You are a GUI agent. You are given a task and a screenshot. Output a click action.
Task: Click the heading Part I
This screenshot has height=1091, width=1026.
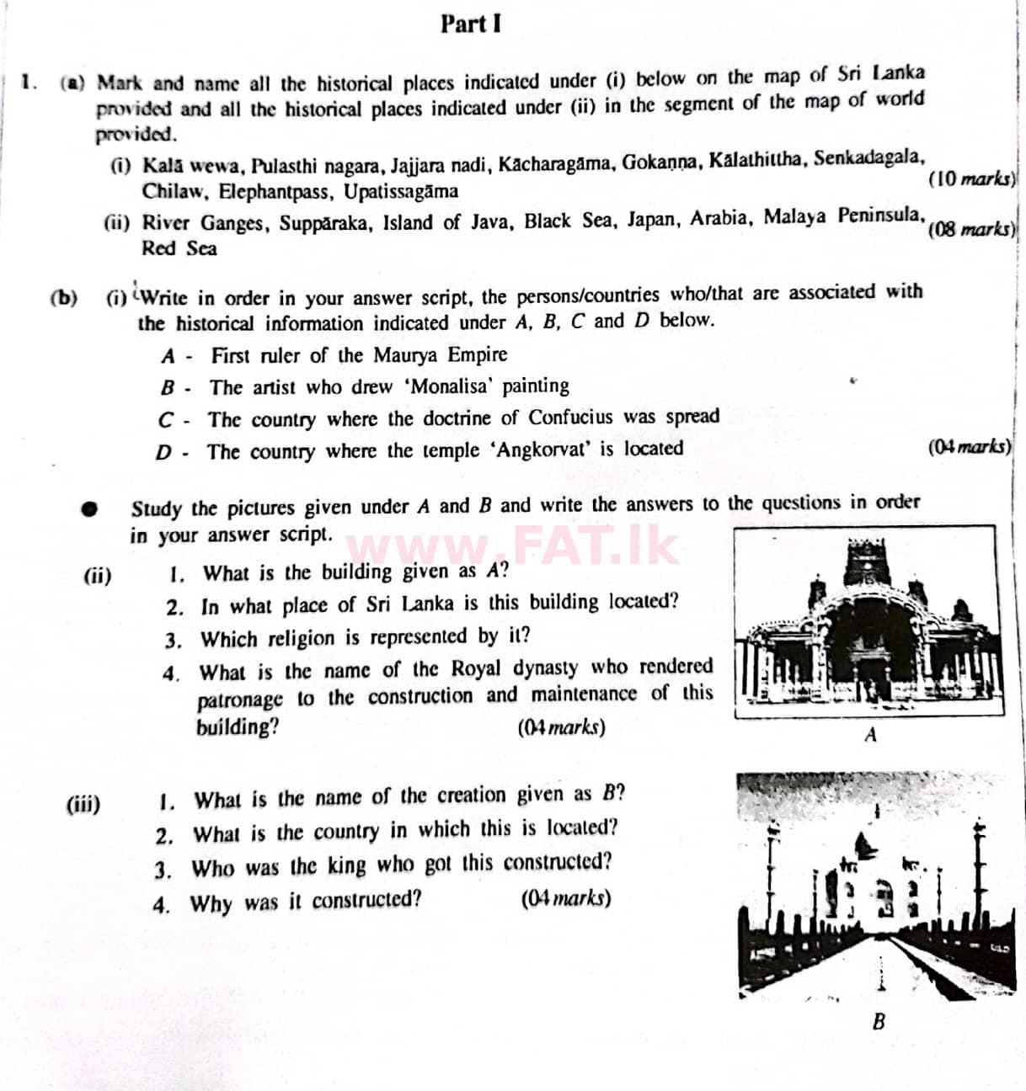pos(470,24)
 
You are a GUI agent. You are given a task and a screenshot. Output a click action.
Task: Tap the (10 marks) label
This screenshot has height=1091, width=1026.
pos(971,178)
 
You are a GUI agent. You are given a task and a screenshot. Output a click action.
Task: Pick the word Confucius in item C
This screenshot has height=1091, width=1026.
pos(570,418)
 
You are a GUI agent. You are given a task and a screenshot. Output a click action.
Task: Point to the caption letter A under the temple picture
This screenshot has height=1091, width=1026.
pos(870,735)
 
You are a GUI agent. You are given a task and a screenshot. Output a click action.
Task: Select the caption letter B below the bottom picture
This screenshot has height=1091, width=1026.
pos(879,1022)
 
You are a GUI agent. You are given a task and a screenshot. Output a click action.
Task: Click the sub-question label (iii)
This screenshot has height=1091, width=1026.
pos(83,804)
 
